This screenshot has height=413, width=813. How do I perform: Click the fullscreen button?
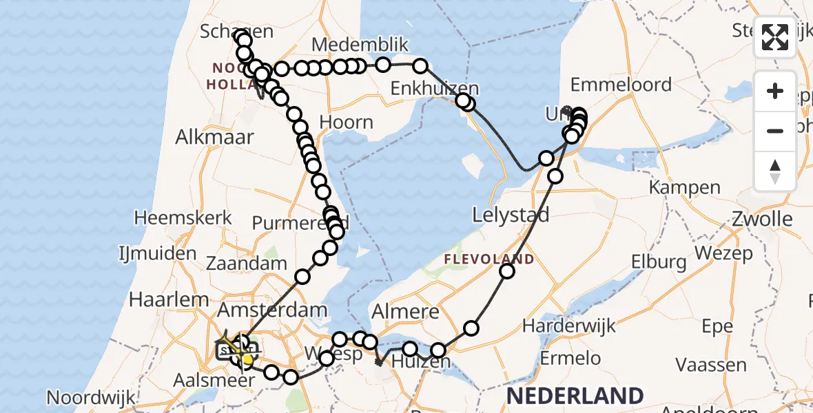coord(775,37)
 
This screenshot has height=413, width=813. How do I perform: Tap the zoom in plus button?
coord(775,92)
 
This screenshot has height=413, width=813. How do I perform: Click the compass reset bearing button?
coord(775,171)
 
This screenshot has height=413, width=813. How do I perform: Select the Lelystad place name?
coord(511,215)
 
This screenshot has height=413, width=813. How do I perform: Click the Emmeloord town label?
coord(621,85)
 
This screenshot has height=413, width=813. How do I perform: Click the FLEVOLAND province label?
coord(489,260)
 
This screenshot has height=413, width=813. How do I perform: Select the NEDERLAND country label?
coord(575,396)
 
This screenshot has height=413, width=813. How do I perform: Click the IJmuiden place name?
coord(158,253)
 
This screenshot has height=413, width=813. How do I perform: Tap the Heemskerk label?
coord(183,218)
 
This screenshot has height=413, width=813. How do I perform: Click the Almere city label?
coord(405,311)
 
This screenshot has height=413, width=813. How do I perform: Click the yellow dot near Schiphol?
coord(247,359)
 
